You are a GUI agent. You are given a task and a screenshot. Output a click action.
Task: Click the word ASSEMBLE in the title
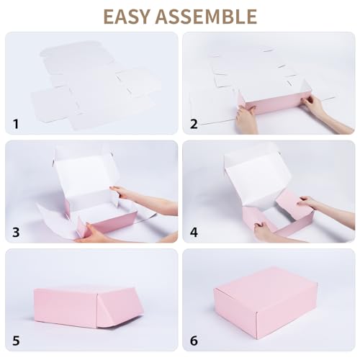click(x=210, y=16)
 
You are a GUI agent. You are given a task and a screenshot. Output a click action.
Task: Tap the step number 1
click(x=16, y=124)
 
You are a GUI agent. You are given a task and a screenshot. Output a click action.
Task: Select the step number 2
click(x=194, y=124)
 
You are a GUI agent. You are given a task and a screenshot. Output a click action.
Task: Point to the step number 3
click(x=16, y=233)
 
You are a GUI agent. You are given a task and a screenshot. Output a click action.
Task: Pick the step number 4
click(x=194, y=233)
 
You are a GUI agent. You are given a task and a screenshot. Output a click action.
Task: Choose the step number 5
click(x=16, y=340)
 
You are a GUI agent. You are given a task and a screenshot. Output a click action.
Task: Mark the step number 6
click(x=194, y=340)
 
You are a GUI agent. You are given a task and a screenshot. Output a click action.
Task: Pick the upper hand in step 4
click(x=310, y=203)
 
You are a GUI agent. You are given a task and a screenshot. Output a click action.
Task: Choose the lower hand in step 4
click(x=266, y=232)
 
